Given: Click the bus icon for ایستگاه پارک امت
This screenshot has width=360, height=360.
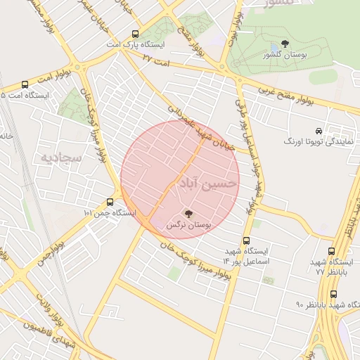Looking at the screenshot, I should click(135, 34).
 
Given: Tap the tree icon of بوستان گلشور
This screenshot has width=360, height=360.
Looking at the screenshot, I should click(284, 44).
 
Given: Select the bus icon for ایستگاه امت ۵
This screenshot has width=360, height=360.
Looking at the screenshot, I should click(25, 84).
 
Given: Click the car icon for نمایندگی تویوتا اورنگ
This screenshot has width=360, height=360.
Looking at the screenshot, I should click(319, 131).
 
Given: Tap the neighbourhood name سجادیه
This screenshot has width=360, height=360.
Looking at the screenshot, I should click(61, 156).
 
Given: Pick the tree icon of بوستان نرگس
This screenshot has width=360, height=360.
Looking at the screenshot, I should click(188, 213).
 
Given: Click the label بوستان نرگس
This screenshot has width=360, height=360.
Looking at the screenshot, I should click(188, 224).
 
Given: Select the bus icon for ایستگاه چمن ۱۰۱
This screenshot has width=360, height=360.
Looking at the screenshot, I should click(110, 202).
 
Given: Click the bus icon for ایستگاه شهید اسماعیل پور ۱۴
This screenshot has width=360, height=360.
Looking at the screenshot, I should click(246, 240).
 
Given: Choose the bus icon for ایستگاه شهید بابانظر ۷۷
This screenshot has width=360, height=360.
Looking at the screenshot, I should click(331, 251).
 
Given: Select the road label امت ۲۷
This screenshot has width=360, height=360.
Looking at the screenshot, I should click(157, 60).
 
